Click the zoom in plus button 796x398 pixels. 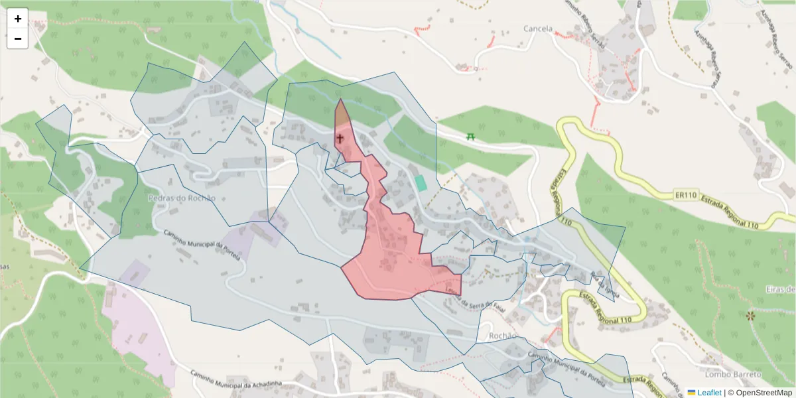(18, 19)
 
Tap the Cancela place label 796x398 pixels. (537, 29)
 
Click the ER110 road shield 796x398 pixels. (687, 195)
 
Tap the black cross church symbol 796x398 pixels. (340, 139)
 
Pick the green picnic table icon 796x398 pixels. (471, 136)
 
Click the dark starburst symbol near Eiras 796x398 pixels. (750, 316)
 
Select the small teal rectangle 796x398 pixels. (420, 183)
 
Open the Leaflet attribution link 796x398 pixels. (709, 393)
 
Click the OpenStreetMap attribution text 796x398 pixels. (760, 393)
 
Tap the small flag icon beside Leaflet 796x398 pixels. (691, 393)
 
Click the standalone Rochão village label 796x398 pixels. (502, 336)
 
